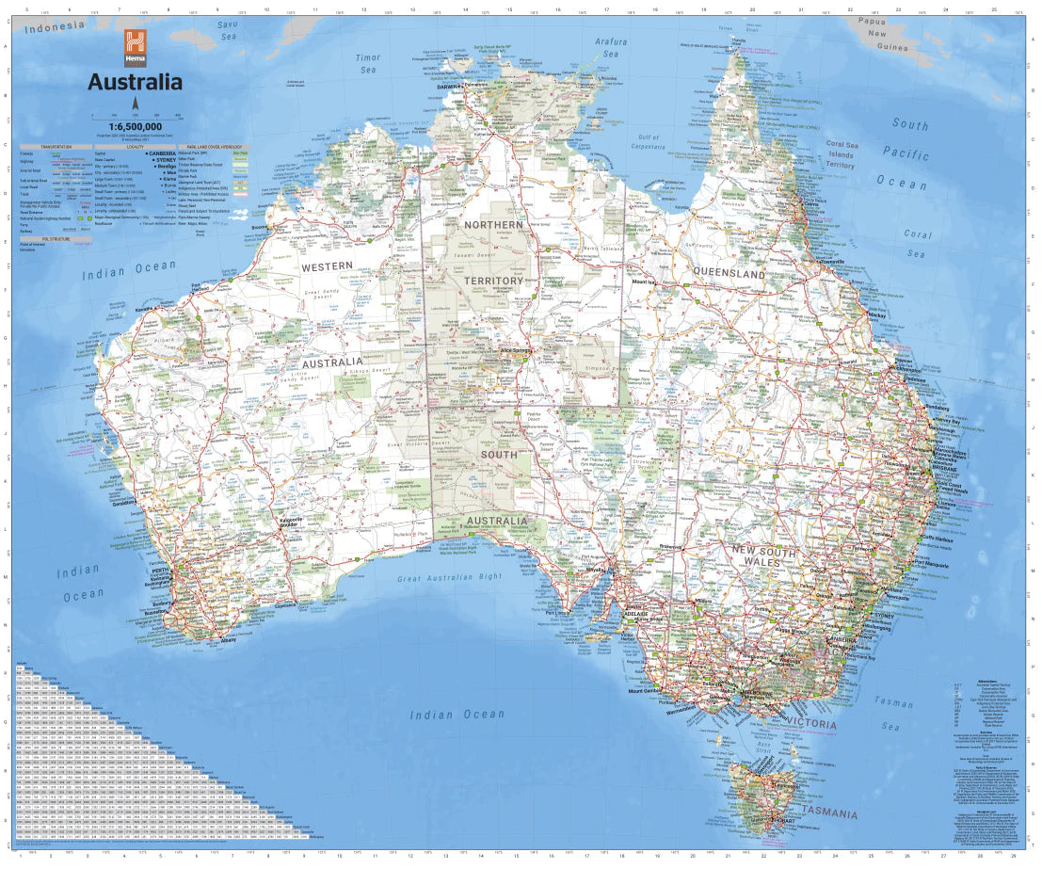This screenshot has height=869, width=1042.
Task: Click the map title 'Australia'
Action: pos(135,82)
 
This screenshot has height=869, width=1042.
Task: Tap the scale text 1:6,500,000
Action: pos(135,126)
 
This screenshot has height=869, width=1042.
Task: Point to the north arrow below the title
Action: pos(135,103)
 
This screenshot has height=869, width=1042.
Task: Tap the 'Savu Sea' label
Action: pos(228,29)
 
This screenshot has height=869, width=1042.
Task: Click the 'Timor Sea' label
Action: pos(367,64)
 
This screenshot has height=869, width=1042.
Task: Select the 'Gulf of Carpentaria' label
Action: pos(649,142)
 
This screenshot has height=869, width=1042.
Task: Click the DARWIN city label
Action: pos(447,87)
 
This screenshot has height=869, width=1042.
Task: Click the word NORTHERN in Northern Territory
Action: pos(492,225)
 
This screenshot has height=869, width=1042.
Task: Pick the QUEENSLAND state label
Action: pos(729,274)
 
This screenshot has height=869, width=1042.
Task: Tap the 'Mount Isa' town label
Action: pos(644,282)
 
